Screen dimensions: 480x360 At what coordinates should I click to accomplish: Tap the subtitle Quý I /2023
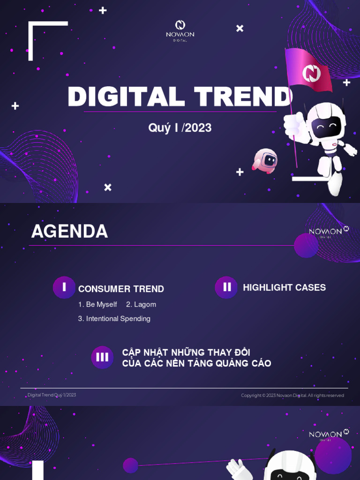pos(180,127)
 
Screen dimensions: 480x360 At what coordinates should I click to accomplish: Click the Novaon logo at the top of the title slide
pos(180,30)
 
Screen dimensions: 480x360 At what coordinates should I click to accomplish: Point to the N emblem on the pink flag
pos(310,73)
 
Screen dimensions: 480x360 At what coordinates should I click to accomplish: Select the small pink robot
pos(266,160)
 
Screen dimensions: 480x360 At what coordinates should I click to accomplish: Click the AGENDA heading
pos(69,232)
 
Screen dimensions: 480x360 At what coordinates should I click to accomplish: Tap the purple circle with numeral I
pos(64,287)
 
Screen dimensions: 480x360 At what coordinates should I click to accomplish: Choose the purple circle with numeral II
pos(226,287)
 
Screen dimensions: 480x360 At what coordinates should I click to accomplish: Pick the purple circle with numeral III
pos(102,357)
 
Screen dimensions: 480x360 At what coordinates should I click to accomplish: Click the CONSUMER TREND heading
pos(121,289)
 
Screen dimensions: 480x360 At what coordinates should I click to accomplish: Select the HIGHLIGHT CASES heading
pos(284,288)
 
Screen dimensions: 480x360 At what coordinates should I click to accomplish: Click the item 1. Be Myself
pos(97,305)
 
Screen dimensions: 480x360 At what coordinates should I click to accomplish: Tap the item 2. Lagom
pos(141,305)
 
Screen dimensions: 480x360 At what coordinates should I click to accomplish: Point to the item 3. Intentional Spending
pos(114,319)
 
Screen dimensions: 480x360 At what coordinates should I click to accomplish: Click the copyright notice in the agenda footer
pos(292,396)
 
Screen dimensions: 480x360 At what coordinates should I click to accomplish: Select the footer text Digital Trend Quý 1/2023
pos(52,395)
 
